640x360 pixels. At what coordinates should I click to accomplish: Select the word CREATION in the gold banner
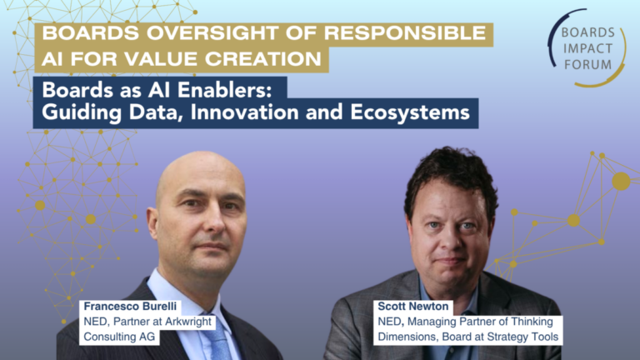tap(263, 59)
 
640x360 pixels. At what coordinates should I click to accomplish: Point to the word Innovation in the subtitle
tap(244, 112)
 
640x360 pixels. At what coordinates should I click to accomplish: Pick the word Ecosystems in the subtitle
tap(410, 112)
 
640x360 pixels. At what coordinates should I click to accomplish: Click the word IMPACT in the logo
tap(587, 48)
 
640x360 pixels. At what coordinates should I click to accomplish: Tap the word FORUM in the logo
tap(587, 64)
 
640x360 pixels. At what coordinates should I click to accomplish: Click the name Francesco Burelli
tap(130, 306)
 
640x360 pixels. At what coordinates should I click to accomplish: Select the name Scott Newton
tap(413, 306)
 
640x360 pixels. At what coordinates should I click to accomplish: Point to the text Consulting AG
tap(119, 337)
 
